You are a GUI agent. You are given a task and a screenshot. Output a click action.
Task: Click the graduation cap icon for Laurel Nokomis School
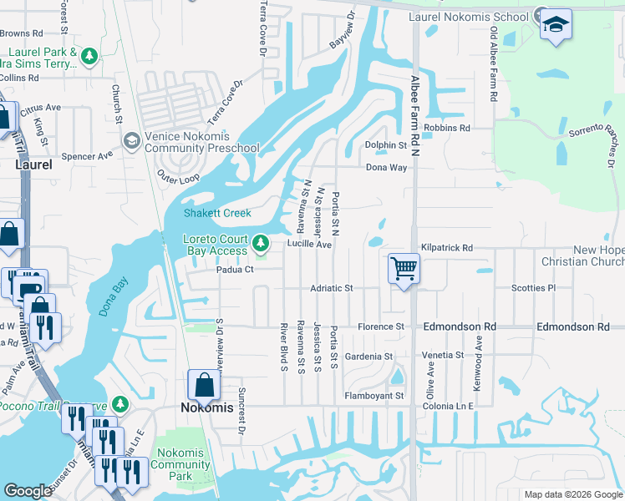[x=556, y=23]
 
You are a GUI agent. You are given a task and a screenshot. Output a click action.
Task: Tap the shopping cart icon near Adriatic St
[x=404, y=269]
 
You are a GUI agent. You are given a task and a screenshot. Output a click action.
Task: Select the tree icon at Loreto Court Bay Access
[x=262, y=244]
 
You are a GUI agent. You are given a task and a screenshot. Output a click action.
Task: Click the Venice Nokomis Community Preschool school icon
[x=131, y=141]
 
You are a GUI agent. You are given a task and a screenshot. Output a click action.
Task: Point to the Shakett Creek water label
[x=217, y=213]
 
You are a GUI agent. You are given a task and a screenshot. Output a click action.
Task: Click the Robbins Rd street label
[x=447, y=128]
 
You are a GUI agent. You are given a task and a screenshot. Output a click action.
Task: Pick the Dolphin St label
[x=385, y=145]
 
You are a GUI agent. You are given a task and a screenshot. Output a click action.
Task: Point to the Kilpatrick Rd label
[x=447, y=248]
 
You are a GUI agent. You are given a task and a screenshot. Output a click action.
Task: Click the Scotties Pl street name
[x=533, y=288]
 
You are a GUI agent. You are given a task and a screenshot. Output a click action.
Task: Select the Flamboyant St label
[x=375, y=395]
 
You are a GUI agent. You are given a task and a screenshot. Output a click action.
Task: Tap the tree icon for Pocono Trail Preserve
[x=121, y=404]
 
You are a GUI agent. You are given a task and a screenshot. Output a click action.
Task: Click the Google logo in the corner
[x=28, y=491]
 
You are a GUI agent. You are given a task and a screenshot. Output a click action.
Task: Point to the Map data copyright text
[x=572, y=494]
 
